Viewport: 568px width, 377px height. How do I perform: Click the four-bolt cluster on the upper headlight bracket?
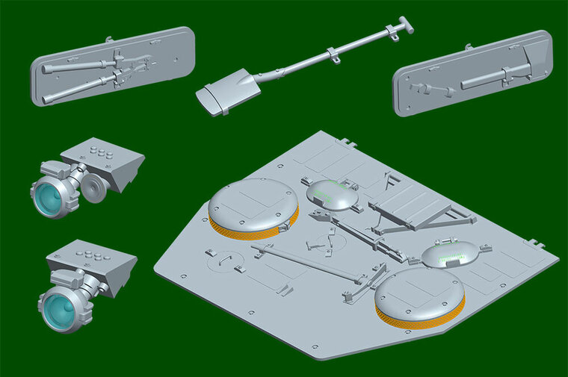[99, 153]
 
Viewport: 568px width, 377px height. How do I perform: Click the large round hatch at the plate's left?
[253, 204]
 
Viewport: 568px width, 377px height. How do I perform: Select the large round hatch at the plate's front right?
[420, 293]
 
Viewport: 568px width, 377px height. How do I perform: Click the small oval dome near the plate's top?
[332, 194]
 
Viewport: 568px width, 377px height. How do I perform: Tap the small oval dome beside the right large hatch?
[448, 255]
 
